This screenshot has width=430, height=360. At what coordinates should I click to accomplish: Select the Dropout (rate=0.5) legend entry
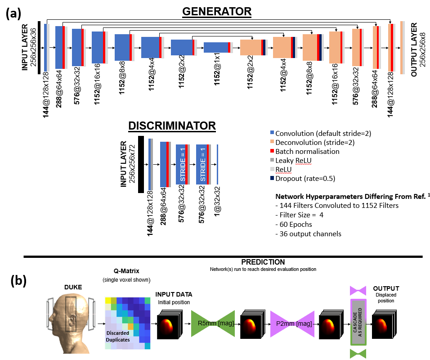pos(306,179)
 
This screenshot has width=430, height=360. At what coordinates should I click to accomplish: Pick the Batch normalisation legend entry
pos(307,151)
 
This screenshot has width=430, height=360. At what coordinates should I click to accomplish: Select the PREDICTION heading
pos(263,262)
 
